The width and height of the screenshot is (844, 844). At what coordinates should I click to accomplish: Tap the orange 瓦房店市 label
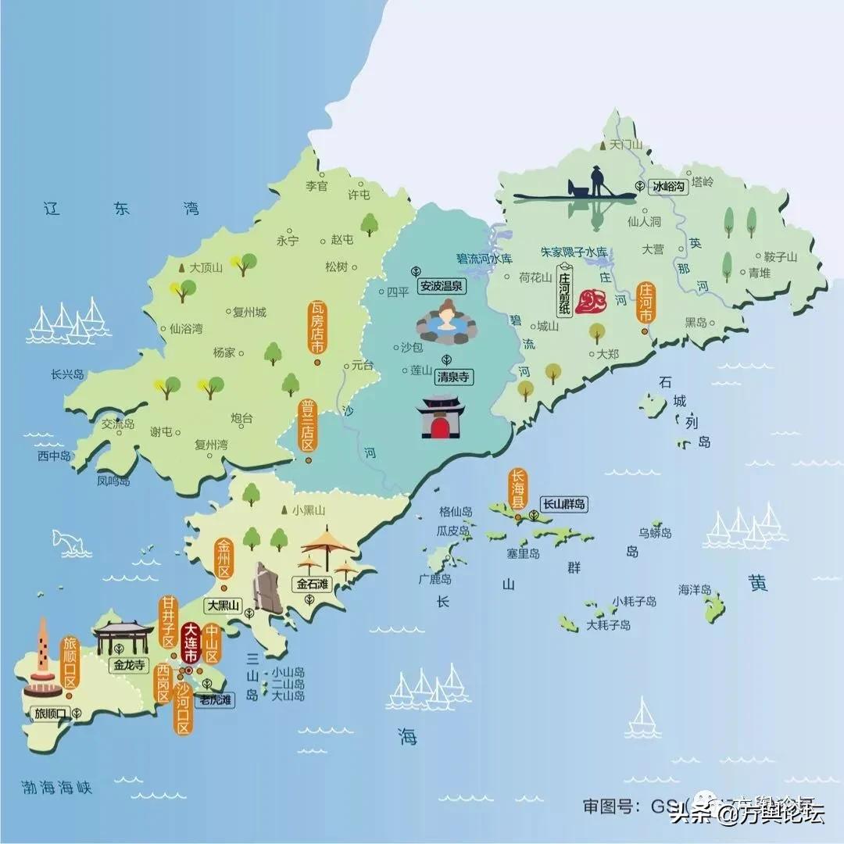coord(316,328)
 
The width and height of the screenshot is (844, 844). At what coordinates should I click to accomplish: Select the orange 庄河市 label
coord(646,303)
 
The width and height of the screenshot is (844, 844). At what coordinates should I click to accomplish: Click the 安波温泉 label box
coord(442,286)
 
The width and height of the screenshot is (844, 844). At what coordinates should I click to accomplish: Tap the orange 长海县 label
coord(517,490)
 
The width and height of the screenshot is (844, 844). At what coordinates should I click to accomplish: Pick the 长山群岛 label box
coord(563,505)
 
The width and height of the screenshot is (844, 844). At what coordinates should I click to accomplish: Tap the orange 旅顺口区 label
coord(70,663)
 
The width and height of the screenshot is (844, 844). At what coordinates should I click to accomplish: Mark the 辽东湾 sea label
coord(121,208)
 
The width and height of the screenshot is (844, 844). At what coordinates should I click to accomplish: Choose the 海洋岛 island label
coord(695,589)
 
